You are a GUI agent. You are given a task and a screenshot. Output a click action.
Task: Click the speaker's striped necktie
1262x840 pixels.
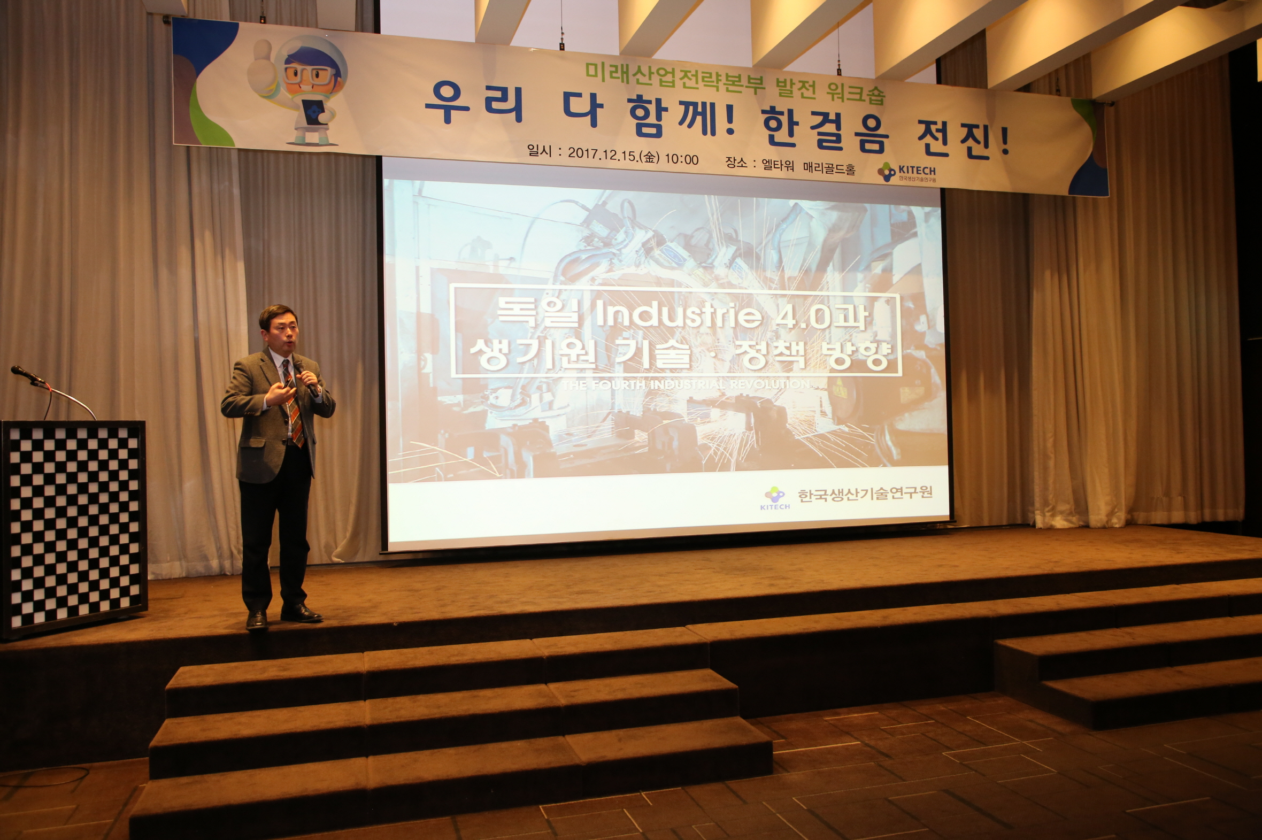click(x=294, y=407)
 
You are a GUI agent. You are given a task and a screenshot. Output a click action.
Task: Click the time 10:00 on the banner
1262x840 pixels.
click(x=681, y=159)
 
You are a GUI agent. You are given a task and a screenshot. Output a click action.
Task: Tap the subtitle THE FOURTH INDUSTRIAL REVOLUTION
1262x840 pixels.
click(x=686, y=384)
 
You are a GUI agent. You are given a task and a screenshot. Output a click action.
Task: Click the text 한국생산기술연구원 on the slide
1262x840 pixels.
click(x=865, y=494)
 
